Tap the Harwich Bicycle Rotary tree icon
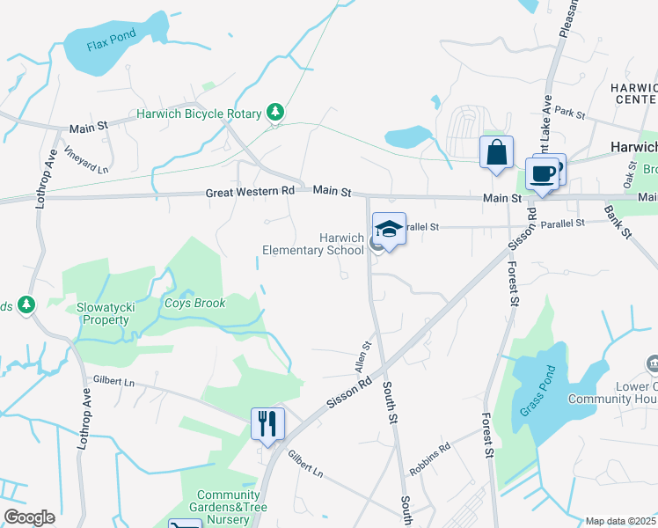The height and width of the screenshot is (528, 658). coord(276,112)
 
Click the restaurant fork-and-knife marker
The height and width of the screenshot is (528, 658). coord(267,423)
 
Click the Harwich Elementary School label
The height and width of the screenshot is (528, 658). coord(313,244)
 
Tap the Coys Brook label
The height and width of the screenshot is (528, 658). coord(195,304)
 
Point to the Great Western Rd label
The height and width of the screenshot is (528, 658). coord(251,192)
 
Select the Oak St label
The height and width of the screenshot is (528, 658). coord(628,174)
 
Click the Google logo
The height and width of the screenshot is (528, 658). coord(29,517)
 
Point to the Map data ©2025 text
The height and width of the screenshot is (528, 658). coord(620,521)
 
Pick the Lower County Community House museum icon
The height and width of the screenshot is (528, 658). coord(652,363)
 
